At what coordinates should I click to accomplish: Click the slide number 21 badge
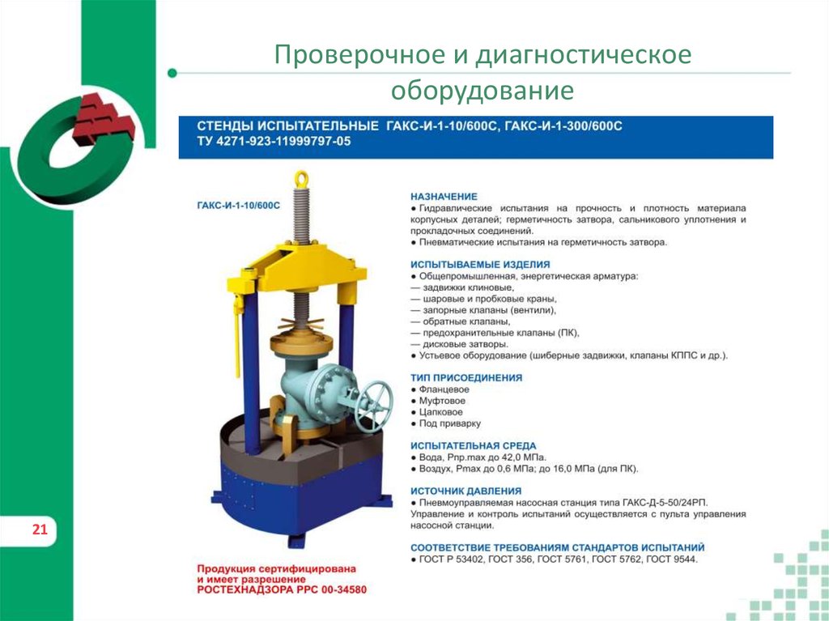pyautogui.click(x=40, y=531)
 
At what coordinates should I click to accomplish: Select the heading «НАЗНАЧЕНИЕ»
pyautogui.click(x=444, y=197)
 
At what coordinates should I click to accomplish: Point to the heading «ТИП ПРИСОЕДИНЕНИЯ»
pyautogui.click(x=466, y=378)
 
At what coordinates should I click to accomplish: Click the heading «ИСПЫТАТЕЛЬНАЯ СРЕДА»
pyautogui.click(x=473, y=446)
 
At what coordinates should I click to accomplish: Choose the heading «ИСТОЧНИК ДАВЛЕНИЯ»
pyautogui.click(x=466, y=491)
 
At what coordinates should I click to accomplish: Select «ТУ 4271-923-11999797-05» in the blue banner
pyautogui.click(x=275, y=141)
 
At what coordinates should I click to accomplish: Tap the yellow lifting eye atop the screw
pyautogui.click(x=302, y=177)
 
